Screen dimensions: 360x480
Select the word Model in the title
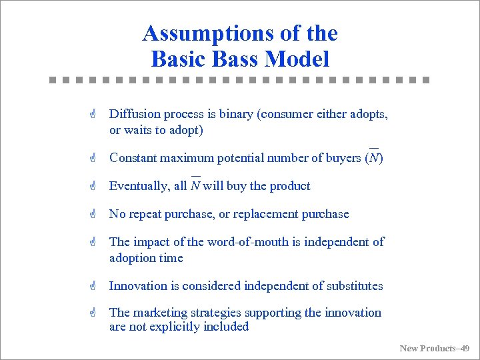(297, 59)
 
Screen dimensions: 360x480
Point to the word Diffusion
(133, 114)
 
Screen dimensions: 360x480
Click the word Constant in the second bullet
(133, 158)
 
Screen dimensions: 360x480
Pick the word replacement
(267, 214)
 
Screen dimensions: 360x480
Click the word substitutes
(355, 286)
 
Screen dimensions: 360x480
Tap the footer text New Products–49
(435, 348)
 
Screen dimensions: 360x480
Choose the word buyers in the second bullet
(345, 158)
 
